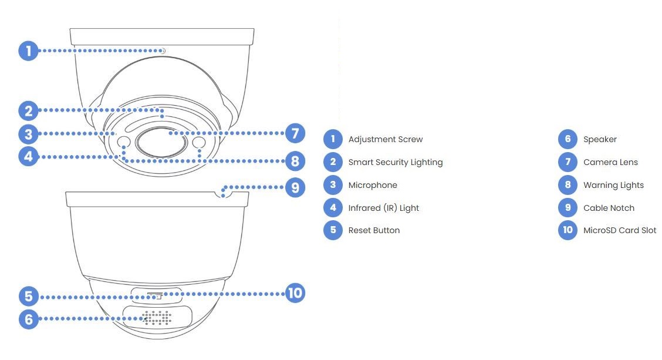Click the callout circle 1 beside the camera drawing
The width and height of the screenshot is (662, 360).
(28, 51)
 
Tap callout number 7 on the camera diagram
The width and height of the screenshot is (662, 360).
(295, 133)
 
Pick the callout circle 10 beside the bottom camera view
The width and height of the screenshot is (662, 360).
(295, 292)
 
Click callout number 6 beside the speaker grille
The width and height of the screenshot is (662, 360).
(28, 319)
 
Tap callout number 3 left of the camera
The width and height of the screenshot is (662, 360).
(28, 134)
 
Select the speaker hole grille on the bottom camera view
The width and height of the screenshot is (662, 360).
(157, 318)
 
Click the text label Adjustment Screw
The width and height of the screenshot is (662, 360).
(385, 139)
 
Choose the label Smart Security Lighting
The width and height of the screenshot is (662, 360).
(395, 162)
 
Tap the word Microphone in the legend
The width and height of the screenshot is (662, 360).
(373, 185)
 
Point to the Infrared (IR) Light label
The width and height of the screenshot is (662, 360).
(383, 208)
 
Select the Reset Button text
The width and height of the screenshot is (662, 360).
(374, 230)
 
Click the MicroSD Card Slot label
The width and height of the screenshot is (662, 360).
(620, 230)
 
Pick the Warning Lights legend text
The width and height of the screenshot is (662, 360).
(613, 185)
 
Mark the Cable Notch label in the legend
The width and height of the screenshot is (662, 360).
(609, 208)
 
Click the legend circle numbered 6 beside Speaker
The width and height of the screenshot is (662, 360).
(568, 139)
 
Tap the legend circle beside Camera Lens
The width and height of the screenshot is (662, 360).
(568, 162)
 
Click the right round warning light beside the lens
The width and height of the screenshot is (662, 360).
(198, 143)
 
